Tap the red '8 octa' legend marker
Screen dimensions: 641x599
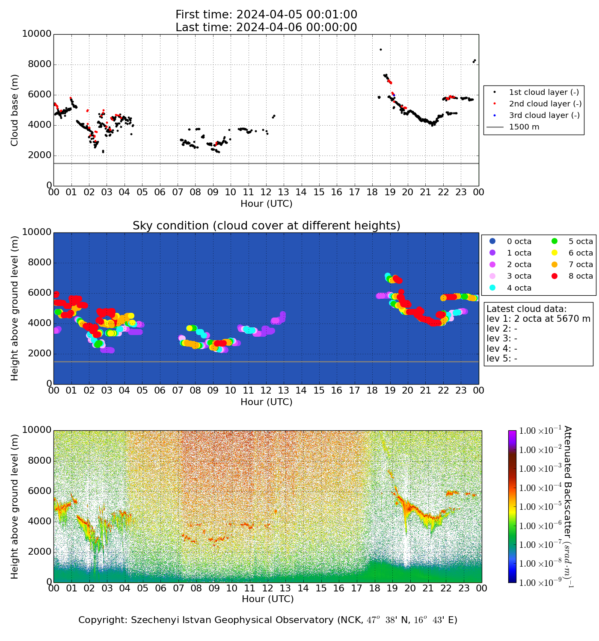pyautogui.click(x=554, y=276)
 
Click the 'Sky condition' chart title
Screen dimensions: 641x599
pyautogui.click(x=266, y=226)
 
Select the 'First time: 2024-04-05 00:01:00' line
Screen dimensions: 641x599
pyautogui.click(x=266, y=15)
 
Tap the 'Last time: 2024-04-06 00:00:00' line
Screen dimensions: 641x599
pyautogui.click(x=266, y=27)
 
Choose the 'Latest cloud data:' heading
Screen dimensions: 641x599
pyautogui.click(x=526, y=309)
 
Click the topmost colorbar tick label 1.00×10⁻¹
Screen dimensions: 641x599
pyautogui.click(x=538, y=431)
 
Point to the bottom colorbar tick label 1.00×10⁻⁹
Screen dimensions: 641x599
pyautogui.click(x=538, y=582)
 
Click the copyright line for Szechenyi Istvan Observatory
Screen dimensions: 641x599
pyautogui.click(x=267, y=620)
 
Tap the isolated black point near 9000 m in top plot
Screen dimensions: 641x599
pyautogui.click(x=380, y=50)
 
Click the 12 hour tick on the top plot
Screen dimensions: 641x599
pyautogui.click(x=266, y=192)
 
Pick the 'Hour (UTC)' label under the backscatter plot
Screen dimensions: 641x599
pyautogui.click(x=267, y=599)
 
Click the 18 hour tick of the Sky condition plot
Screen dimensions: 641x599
pyautogui.click(x=372, y=390)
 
